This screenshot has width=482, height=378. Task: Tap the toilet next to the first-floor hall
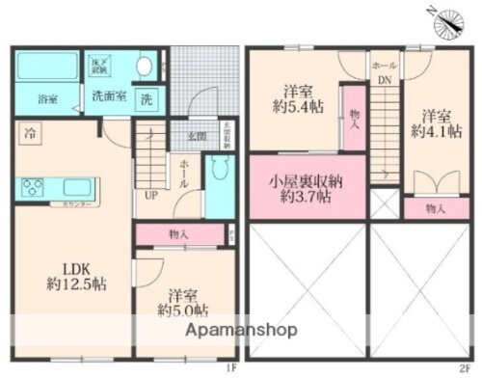coord(223,173)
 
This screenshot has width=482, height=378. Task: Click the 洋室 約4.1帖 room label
coord(436,120)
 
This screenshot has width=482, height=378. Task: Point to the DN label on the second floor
coord(384,81)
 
